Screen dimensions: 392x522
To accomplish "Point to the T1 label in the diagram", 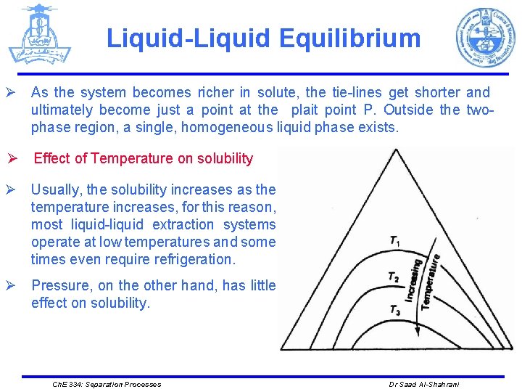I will (395, 241).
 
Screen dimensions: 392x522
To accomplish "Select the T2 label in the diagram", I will (394, 277).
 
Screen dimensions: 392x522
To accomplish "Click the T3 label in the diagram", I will (395, 310).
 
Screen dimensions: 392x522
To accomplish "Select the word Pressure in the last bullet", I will (60, 285).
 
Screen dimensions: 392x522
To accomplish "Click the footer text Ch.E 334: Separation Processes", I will (106, 384).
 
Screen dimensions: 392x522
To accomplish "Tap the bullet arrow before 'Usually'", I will (12, 190).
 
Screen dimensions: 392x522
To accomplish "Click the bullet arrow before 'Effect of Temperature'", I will (12, 159).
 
